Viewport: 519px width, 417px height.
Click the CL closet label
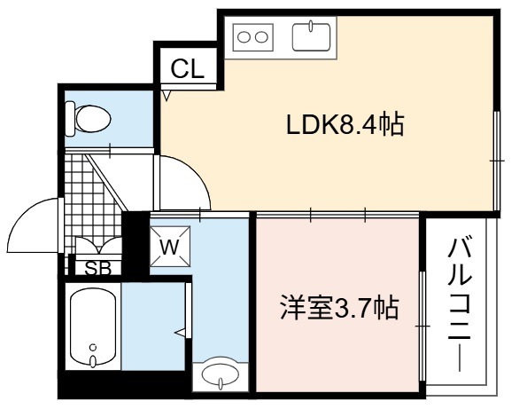(187, 69)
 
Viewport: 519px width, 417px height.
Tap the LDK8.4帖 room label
(345, 125)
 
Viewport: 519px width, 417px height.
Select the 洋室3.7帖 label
(339, 307)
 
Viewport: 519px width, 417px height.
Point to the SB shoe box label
(98, 269)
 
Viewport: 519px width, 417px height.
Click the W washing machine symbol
(170, 247)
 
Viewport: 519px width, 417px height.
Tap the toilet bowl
(93, 119)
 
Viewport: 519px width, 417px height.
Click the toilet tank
(70, 119)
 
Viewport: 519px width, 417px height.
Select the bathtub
(93, 327)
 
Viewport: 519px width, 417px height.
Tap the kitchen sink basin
(311, 37)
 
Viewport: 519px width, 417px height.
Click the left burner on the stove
(244, 37)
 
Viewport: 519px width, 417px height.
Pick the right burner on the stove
(261, 37)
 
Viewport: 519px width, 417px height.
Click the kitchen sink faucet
(311, 27)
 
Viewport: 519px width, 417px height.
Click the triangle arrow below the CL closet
(167, 96)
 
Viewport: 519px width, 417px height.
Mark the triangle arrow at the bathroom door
(181, 332)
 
